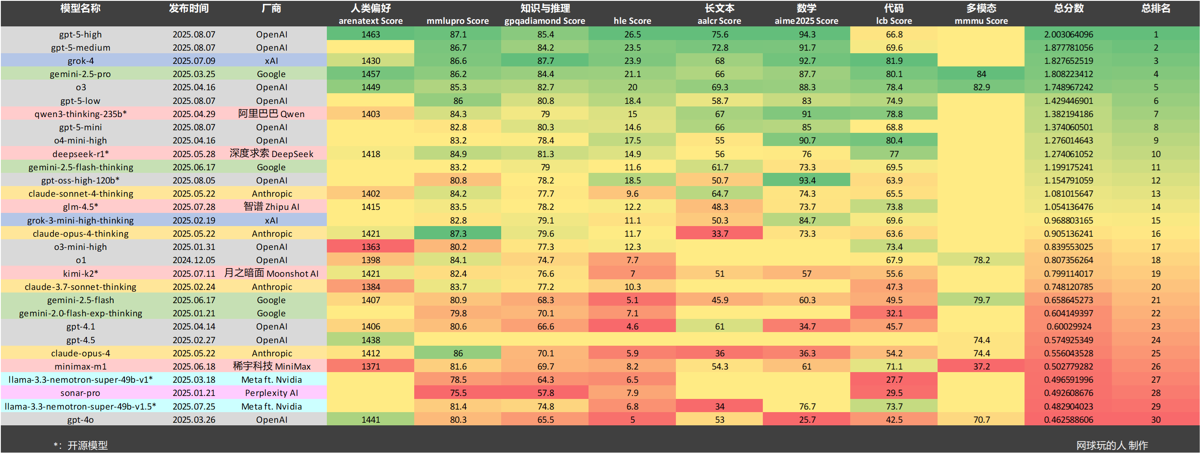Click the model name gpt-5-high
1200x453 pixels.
pos(80,34)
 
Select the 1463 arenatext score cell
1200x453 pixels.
pos(370,34)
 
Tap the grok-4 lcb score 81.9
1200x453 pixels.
pos(894,61)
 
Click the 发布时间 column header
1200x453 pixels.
pos(189,9)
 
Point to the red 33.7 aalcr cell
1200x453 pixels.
pos(719,234)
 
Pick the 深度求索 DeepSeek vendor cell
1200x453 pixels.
pos(271,154)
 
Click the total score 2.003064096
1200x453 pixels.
pos(1068,34)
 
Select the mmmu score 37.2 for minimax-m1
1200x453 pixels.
pos(981,367)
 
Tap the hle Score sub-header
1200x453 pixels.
pos(632,21)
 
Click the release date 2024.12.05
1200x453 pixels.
pos(194,260)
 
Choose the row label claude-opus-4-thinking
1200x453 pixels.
pos(81,234)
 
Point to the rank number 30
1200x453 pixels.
pos(1155,419)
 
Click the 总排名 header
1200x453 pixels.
pos(1155,9)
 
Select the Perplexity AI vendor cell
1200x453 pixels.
pos(271,393)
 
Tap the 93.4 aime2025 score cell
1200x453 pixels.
pos(806,181)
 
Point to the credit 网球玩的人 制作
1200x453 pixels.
pos(1111,445)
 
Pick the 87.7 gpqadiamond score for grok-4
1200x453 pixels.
pos(545,61)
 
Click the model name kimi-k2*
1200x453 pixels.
pos(80,274)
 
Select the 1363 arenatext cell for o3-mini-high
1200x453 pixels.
pos(370,247)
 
